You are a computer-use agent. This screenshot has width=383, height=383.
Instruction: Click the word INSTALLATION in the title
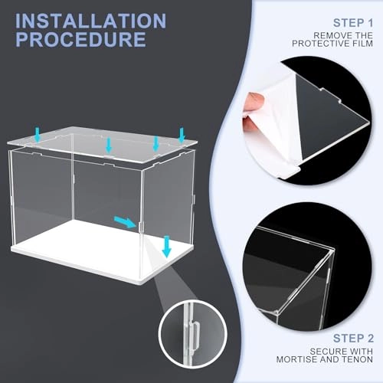[91, 21]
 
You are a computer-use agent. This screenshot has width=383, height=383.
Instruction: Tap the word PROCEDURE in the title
[81, 39]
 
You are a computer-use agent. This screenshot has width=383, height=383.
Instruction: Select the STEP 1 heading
[353, 23]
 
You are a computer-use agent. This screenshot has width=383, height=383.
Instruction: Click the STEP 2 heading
[353, 339]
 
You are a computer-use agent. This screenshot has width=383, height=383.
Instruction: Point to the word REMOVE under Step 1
[333, 35]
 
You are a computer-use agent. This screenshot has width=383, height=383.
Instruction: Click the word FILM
[362, 44]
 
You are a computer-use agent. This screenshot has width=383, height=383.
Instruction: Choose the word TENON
[358, 359]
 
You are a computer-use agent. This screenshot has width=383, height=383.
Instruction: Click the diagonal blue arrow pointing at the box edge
[125, 221]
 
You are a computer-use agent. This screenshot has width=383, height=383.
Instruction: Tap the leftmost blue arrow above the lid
[38, 135]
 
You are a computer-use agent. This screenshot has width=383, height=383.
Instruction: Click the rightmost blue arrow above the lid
[182, 136]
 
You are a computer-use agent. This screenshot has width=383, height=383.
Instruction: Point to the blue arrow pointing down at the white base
[167, 247]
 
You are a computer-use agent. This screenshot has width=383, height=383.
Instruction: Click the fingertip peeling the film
[252, 102]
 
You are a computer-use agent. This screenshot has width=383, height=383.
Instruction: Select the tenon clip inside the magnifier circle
[195, 335]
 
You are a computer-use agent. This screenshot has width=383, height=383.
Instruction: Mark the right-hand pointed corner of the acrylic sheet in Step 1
[368, 121]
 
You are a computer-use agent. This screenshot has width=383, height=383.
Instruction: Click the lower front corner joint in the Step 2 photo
[277, 312]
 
